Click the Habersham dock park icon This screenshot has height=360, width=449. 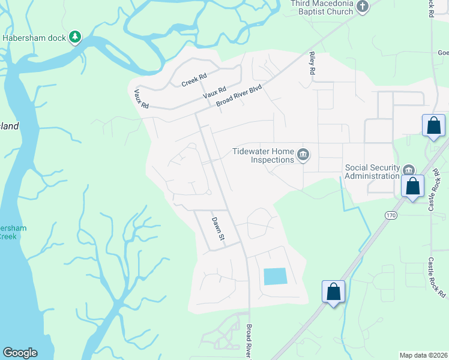coord(75,38)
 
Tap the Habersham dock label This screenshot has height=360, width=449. coord(35,38)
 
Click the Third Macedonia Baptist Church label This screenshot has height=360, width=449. coord(322,7)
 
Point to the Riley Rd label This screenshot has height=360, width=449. coord(312,62)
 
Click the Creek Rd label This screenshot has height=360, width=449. coord(194,80)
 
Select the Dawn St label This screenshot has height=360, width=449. coord(217,229)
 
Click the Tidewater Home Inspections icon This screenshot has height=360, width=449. coord(303,155)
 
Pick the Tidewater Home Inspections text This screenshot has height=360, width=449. coord(263,155)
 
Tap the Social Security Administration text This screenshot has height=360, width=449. coord(372,172)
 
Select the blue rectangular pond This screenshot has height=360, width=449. coord(275,277)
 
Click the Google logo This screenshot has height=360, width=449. coord(20,353)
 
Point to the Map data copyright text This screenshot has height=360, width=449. coord(423,355)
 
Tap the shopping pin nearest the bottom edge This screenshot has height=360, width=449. coord(334,292)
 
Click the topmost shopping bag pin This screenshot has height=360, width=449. coord(433,126)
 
